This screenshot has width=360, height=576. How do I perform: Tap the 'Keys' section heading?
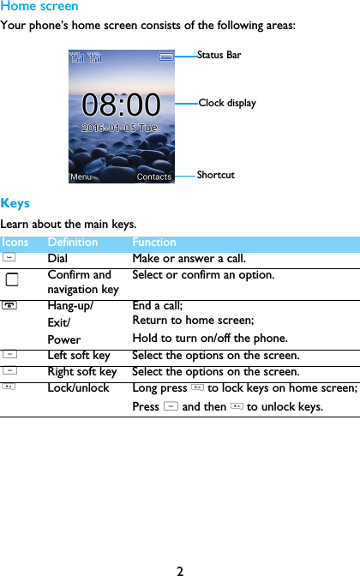(x=15, y=203)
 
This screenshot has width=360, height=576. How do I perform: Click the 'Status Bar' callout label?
(x=219, y=56)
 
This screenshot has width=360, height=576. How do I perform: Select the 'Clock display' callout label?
(x=227, y=103)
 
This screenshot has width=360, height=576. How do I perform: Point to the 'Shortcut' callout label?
(x=215, y=175)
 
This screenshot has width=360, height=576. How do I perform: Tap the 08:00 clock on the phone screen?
(x=121, y=105)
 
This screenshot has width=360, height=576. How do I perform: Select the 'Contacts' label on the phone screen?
(x=154, y=177)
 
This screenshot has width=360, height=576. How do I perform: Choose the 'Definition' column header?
(x=73, y=243)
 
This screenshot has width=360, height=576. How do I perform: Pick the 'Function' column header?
(x=154, y=243)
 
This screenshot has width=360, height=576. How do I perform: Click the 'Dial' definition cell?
(x=58, y=258)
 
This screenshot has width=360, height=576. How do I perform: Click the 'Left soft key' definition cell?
(x=79, y=355)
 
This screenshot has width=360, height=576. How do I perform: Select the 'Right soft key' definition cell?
(x=82, y=372)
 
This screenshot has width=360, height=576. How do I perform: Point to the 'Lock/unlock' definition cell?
(x=78, y=388)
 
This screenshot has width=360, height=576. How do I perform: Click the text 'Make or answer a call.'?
(x=189, y=258)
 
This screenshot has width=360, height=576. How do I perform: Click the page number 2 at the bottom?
(x=180, y=569)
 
